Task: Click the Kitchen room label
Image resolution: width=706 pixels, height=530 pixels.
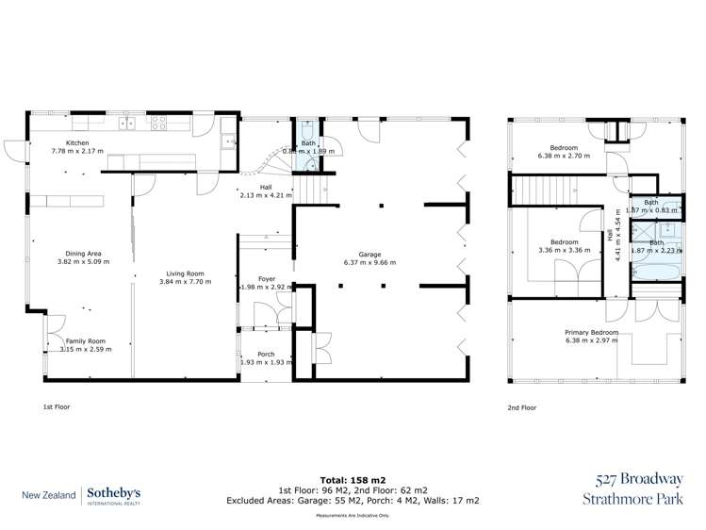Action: (77, 142)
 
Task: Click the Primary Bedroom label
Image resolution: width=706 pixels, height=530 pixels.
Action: (591, 333)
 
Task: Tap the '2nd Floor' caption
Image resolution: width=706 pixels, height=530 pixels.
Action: (522, 407)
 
